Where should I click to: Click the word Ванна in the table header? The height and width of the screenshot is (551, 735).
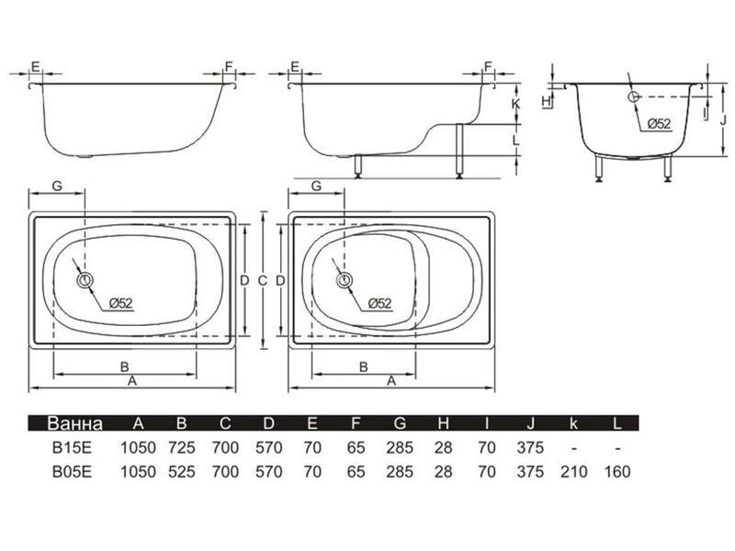pos(74,423)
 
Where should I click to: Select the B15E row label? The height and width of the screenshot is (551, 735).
pos(72,447)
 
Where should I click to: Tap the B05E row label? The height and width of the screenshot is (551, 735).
pos(72,471)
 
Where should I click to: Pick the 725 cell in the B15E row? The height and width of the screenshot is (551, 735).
pos(181,447)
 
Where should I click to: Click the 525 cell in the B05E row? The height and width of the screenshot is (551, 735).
pos(181,471)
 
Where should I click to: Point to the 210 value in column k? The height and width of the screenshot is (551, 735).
pos(573,471)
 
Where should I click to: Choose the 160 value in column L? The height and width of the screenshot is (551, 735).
pos(617,471)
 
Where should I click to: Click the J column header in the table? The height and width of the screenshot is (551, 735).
pos(530,423)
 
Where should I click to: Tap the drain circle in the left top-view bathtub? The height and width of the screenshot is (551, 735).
pos(85,280)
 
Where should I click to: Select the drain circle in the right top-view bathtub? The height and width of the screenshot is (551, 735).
pos(345,280)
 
